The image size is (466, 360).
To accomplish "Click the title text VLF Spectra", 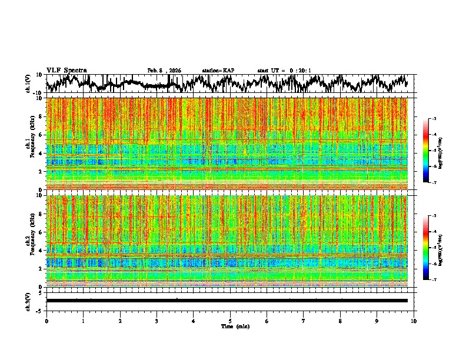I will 66,70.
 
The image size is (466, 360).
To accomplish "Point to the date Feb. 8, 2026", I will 164,71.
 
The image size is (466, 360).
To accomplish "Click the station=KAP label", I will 218,71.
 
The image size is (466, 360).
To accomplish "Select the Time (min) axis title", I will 230,326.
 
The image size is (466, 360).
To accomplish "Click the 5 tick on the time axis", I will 230,321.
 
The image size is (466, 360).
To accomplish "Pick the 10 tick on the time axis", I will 414,321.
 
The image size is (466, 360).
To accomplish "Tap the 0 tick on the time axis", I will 46,321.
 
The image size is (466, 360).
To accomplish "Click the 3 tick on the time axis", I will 157,321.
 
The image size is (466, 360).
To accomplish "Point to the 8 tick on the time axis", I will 340,321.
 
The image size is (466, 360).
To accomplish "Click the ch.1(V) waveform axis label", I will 28,84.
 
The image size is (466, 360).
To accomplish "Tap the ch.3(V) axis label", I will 28,301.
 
